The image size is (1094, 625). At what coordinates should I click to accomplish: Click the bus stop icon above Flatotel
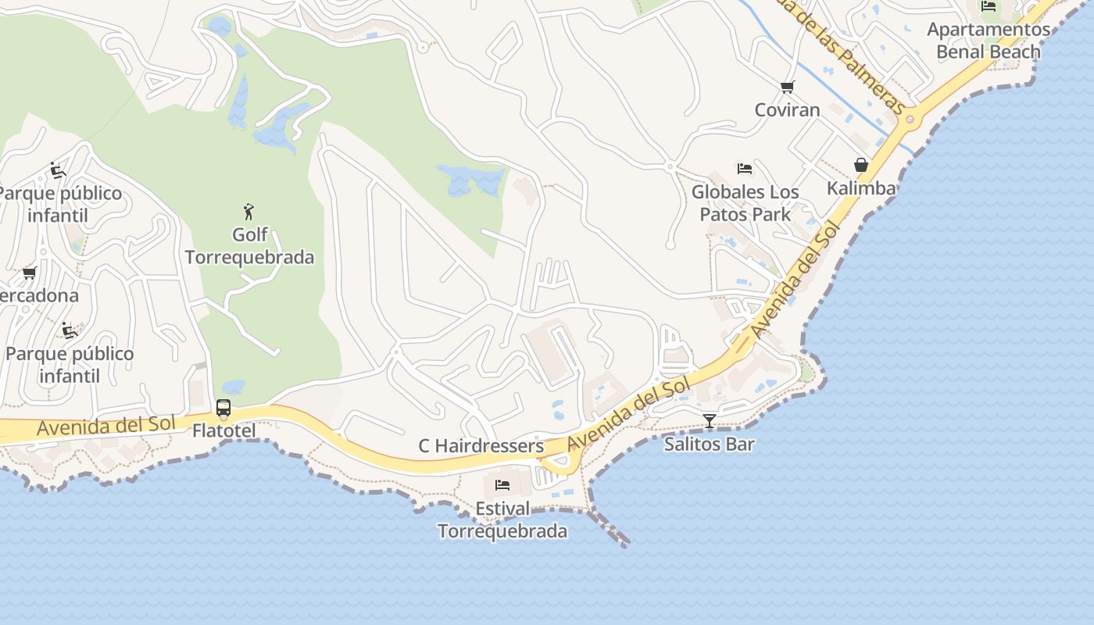pyautogui.click(x=223, y=408)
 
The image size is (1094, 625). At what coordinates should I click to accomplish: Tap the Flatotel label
pyautogui.click(x=223, y=430)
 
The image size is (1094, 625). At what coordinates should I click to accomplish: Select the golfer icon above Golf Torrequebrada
pyautogui.click(x=249, y=211)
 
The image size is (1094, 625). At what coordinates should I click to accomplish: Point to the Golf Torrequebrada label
pyautogui.click(x=249, y=246)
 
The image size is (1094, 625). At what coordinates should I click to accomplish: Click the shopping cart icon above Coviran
pyautogui.click(x=787, y=87)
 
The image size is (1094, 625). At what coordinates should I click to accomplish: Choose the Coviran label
pyautogui.click(x=787, y=109)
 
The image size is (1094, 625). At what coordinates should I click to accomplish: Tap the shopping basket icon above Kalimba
pyautogui.click(x=860, y=165)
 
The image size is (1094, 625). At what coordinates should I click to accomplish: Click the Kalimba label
pyautogui.click(x=861, y=188)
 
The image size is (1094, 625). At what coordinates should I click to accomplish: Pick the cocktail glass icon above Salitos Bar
pyautogui.click(x=709, y=421)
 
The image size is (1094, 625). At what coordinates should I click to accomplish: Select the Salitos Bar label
pyautogui.click(x=709, y=445)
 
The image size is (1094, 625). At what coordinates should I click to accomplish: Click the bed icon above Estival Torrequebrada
pyautogui.click(x=502, y=485)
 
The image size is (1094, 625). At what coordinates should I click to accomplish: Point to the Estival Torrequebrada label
pyautogui.click(x=502, y=520)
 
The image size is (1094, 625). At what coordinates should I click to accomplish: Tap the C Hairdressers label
pyautogui.click(x=481, y=446)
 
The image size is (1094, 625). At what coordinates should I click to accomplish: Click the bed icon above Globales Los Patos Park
pyautogui.click(x=745, y=168)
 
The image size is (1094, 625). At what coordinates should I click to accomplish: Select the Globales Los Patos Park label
pyautogui.click(x=745, y=203)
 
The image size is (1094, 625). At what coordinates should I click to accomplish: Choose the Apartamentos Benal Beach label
pyautogui.click(x=989, y=41)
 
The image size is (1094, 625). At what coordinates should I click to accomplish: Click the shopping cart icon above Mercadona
pyautogui.click(x=30, y=273)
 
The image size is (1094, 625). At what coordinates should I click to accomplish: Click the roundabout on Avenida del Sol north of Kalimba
pyautogui.click(x=909, y=120)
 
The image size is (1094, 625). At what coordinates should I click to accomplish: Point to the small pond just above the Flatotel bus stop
pyautogui.click(x=232, y=387)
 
